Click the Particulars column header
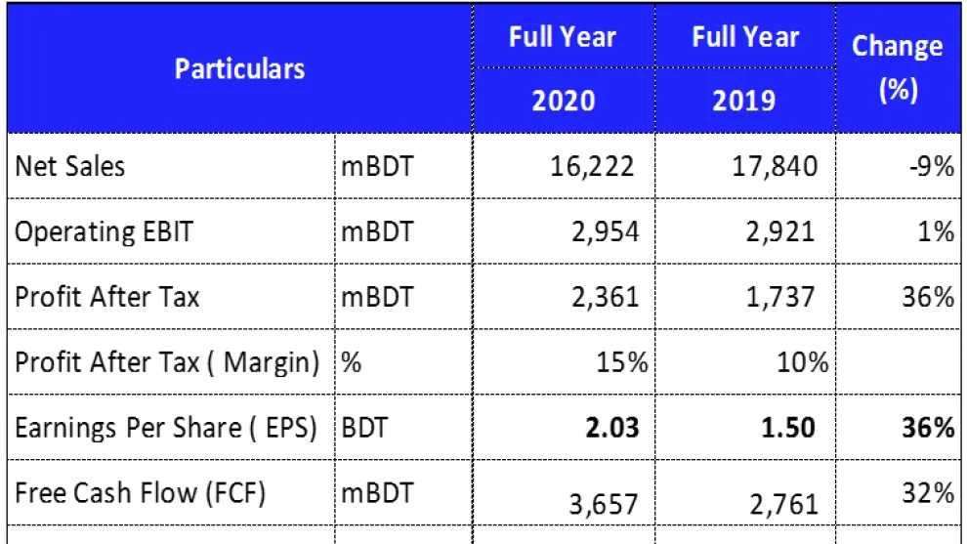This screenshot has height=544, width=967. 239,69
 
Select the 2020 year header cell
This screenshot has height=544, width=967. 563,101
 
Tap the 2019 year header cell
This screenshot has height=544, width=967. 746,101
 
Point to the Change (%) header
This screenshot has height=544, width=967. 897,68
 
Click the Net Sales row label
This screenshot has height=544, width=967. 70,166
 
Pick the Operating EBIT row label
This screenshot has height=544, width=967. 105,231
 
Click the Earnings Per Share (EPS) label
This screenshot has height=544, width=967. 166,428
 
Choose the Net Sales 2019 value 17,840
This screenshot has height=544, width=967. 775,166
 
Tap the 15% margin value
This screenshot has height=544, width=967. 623,362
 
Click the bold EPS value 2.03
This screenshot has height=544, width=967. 612,428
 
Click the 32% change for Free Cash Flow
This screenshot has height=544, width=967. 929,493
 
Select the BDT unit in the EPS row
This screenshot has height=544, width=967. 364,428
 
